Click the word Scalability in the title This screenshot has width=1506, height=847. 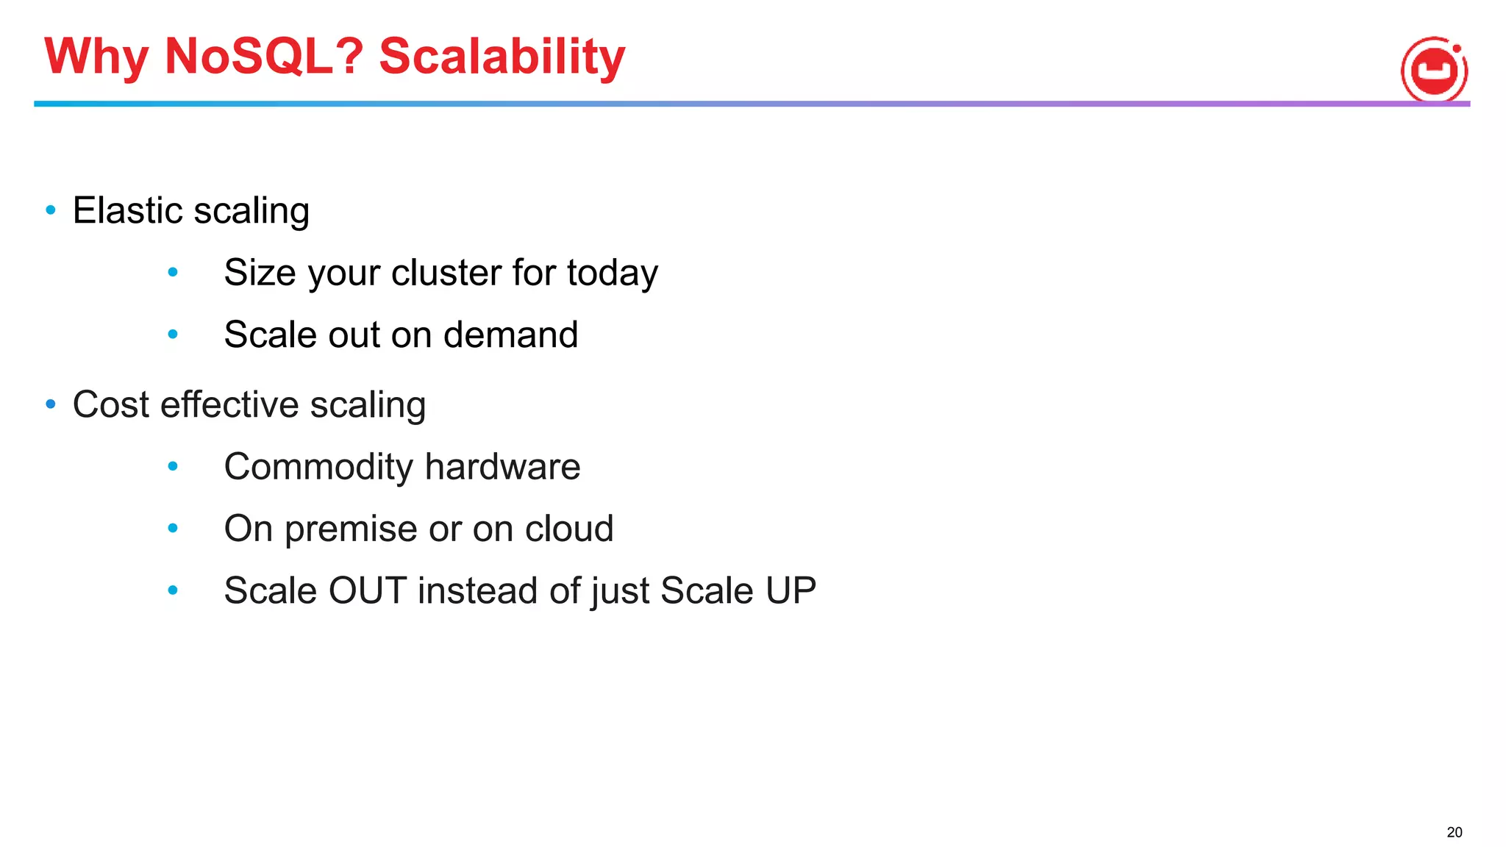[502, 56]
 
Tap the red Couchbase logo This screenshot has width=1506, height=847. [1434, 70]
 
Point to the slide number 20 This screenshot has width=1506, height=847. [1454, 832]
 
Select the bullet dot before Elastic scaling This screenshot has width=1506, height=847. [51, 210]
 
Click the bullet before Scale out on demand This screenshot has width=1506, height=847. [173, 335]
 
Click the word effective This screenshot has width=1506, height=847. [229, 405]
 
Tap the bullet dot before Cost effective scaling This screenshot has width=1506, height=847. [51, 404]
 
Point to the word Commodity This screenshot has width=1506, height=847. [318, 467]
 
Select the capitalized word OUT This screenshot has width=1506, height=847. [367, 590]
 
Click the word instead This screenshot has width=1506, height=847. [477, 590]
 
